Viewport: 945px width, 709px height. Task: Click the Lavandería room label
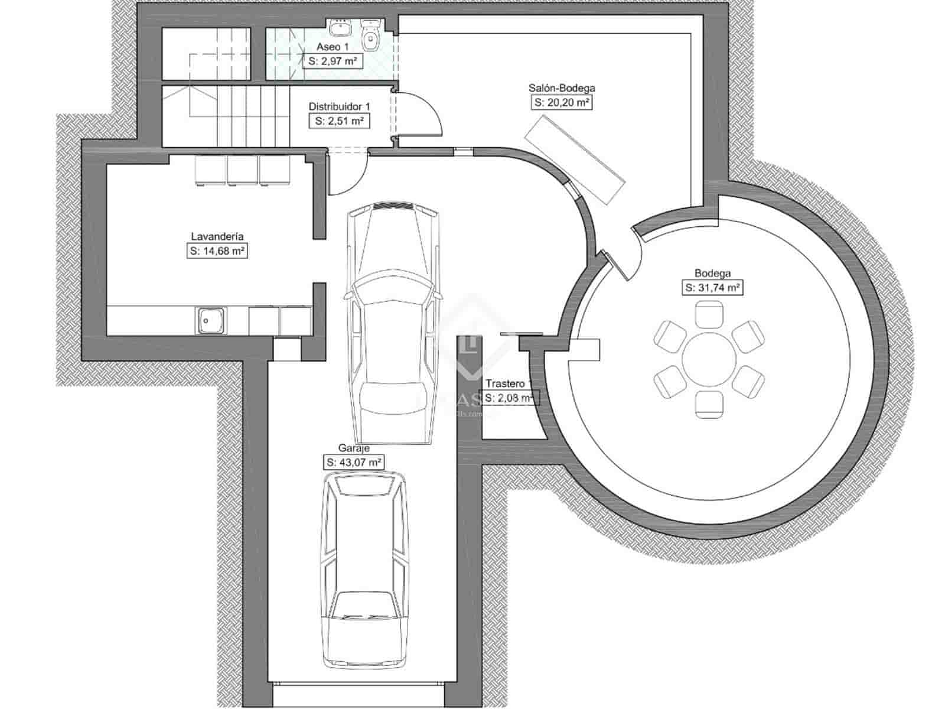217,236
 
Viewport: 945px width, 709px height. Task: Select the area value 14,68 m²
217,251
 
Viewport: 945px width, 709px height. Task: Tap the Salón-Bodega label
561,88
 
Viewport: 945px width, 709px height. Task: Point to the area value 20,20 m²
562,102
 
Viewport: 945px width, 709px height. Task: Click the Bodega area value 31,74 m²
712,288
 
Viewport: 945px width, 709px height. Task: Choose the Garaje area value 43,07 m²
353,462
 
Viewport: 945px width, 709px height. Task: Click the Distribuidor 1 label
339,106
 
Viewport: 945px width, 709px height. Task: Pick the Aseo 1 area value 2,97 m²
333,60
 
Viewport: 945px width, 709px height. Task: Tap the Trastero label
505,383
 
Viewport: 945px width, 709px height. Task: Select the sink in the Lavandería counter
207,321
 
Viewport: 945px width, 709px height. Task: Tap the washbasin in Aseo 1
340,27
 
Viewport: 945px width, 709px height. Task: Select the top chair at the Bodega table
709,313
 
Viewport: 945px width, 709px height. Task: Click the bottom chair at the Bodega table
709,405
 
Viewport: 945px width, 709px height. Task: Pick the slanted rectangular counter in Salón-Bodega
575,160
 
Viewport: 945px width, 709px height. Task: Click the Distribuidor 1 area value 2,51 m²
339,121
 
